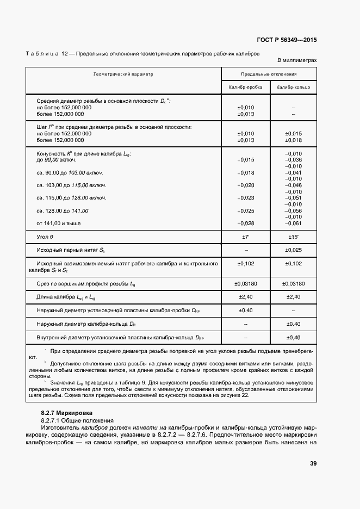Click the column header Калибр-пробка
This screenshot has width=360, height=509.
pyautogui.click(x=245, y=87)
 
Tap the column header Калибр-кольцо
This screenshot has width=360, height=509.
pyautogui.click(x=293, y=87)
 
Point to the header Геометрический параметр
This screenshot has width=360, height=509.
pyautogui.click(x=123, y=73)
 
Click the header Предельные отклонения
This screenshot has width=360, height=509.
pyautogui.click(x=269, y=73)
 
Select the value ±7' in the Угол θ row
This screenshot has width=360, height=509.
pyautogui.click(x=245, y=238)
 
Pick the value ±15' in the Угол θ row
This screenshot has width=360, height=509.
pyautogui.click(x=293, y=238)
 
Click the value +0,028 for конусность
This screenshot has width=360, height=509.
pyautogui.click(x=245, y=223)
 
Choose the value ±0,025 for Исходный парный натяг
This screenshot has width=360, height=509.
pyautogui.click(x=293, y=250)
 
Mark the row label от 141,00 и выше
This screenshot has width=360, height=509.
pyautogui.click(x=58, y=223)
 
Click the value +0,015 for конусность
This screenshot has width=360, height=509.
pyautogui.click(x=245, y=160)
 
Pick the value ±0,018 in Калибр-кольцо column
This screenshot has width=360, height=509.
pyautogui.click(x=293, y=140)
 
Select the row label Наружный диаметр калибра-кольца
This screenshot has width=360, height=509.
pyautogui.click(x=86, y=324)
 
